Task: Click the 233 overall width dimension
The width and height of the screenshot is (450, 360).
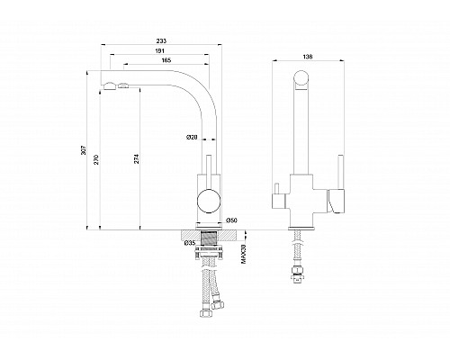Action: [x=161, y=40]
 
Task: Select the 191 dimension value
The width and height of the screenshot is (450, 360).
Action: [x=159, y=51]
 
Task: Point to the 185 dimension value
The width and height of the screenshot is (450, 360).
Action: [x=166, y=60]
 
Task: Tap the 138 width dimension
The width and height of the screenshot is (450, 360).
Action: [x=308, y=57]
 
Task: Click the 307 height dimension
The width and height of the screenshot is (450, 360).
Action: [x=84, y=150]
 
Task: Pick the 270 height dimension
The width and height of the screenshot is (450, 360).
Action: [x=96, y=158]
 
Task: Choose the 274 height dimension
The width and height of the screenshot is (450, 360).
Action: [x=137, y=158]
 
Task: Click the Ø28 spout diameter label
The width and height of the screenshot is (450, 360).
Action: [x=192, y=138]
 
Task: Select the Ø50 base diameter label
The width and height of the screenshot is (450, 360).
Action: [x=231, y=220]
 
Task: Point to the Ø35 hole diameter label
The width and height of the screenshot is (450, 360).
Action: [x=190, y=243]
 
